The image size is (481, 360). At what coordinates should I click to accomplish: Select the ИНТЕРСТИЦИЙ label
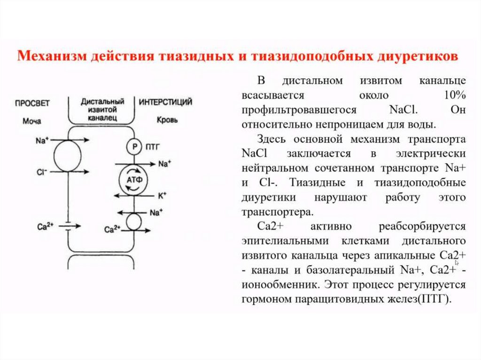tap(166, 101)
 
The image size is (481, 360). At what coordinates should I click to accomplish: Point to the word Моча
tap(31, 121)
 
